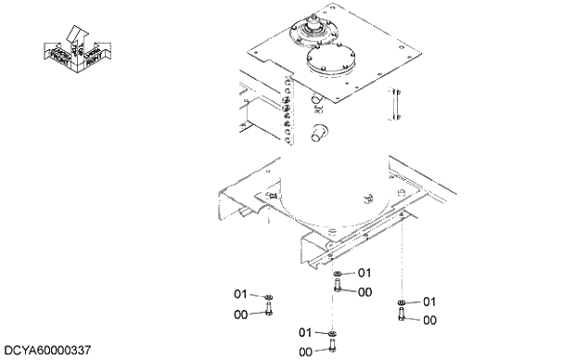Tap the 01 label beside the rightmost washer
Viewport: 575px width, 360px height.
pos(429,302)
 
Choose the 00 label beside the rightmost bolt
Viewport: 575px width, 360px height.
pos(429,320)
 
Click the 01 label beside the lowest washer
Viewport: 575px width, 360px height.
pos(305,332)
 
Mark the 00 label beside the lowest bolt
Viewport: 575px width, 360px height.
pos(305,352)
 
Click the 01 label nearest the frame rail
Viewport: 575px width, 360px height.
pos(364,273)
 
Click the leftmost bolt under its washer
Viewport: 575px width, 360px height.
pos(269,311)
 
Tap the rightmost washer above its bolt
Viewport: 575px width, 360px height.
pos(400,302)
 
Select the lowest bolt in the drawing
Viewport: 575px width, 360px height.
pos(332,347)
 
